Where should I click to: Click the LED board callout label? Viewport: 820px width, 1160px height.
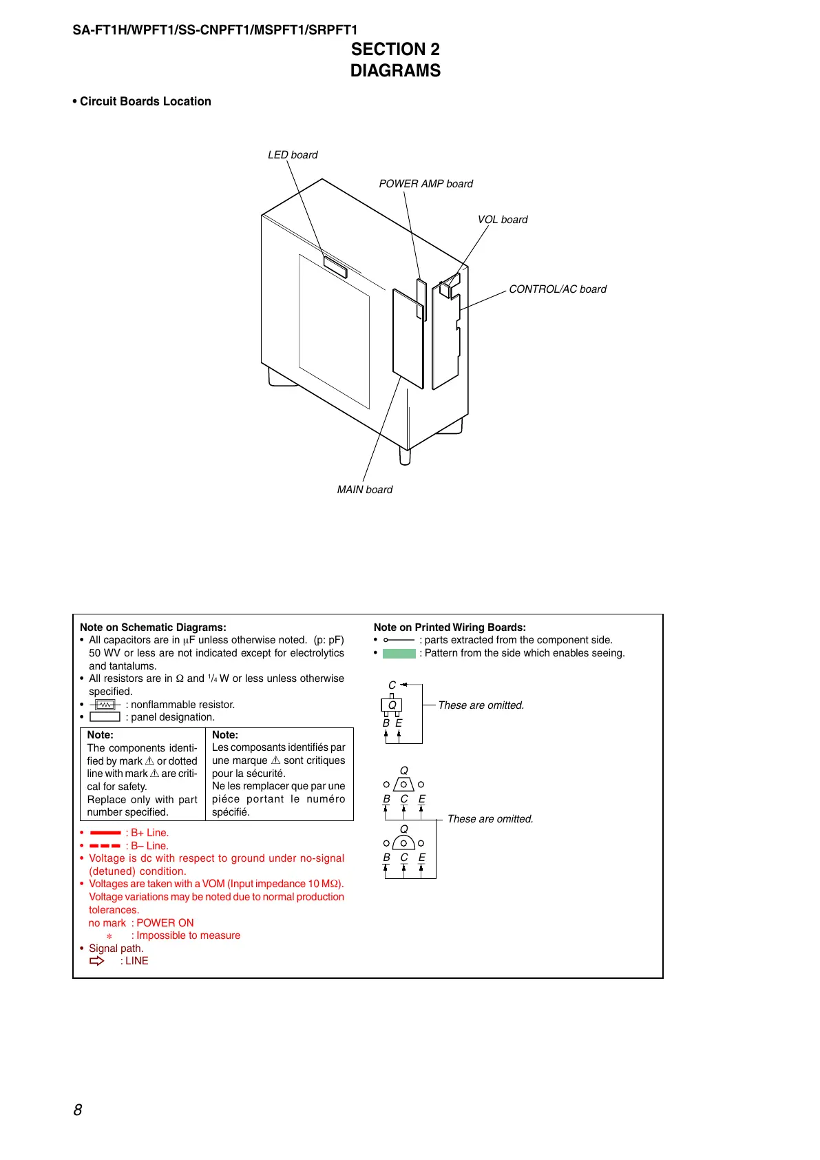[293, 155]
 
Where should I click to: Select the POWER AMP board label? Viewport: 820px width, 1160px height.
[425, 184]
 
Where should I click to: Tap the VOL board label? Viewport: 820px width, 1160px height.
[503, 220]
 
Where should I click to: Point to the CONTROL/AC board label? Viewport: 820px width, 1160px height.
[558, 289]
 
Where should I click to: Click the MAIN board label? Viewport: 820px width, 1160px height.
[365, 490]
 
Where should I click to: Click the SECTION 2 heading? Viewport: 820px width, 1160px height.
[395, 50]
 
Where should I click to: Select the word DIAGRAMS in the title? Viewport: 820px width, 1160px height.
[395, 71]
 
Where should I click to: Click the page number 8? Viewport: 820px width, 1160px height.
[78, 1110]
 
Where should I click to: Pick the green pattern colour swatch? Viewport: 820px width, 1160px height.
[399, 654]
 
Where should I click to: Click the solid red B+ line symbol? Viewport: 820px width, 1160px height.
[105, 833]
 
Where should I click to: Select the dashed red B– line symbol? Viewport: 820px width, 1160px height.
[105, 846]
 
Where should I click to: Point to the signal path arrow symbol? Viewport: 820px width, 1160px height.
[97, 961]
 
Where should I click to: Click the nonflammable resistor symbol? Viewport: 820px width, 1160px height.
[105, 705]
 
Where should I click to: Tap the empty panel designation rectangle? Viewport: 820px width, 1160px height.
[105, 717]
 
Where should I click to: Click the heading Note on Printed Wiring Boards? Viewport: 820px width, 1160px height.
[450, 628]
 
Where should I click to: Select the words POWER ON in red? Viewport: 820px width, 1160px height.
[165, 923]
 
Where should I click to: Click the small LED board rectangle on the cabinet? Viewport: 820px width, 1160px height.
[335, 267]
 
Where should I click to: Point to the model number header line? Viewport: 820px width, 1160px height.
[215, 30]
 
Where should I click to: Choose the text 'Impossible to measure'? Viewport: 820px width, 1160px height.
[188, 935]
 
